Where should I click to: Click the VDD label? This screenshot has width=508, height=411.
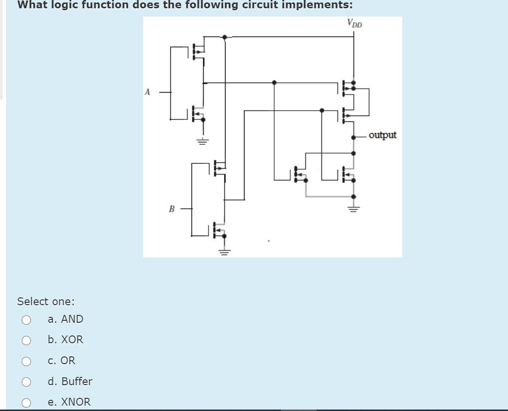[355, 23]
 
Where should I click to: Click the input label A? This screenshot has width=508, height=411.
[148, 92]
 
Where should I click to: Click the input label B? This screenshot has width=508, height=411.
[171, 209]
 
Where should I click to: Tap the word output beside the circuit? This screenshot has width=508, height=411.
[382, 135]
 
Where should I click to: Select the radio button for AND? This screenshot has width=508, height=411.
[26, 320]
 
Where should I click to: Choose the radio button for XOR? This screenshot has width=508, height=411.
[26, 340]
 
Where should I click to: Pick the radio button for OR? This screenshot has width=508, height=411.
[26, 361]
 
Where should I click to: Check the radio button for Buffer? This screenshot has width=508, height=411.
[26, 382]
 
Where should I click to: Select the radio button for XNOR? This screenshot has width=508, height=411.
[26, 403]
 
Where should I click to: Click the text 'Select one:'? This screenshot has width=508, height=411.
[46, 301]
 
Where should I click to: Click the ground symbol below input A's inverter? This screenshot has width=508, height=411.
[203, 141]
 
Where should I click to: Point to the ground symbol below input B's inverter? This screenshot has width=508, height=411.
[224, 252]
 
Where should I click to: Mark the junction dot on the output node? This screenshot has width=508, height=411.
[354, 137]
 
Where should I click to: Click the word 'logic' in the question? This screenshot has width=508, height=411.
[67, 5]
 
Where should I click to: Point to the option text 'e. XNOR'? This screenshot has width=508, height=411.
[69, 402]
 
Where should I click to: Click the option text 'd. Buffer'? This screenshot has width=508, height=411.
[70, 381]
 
